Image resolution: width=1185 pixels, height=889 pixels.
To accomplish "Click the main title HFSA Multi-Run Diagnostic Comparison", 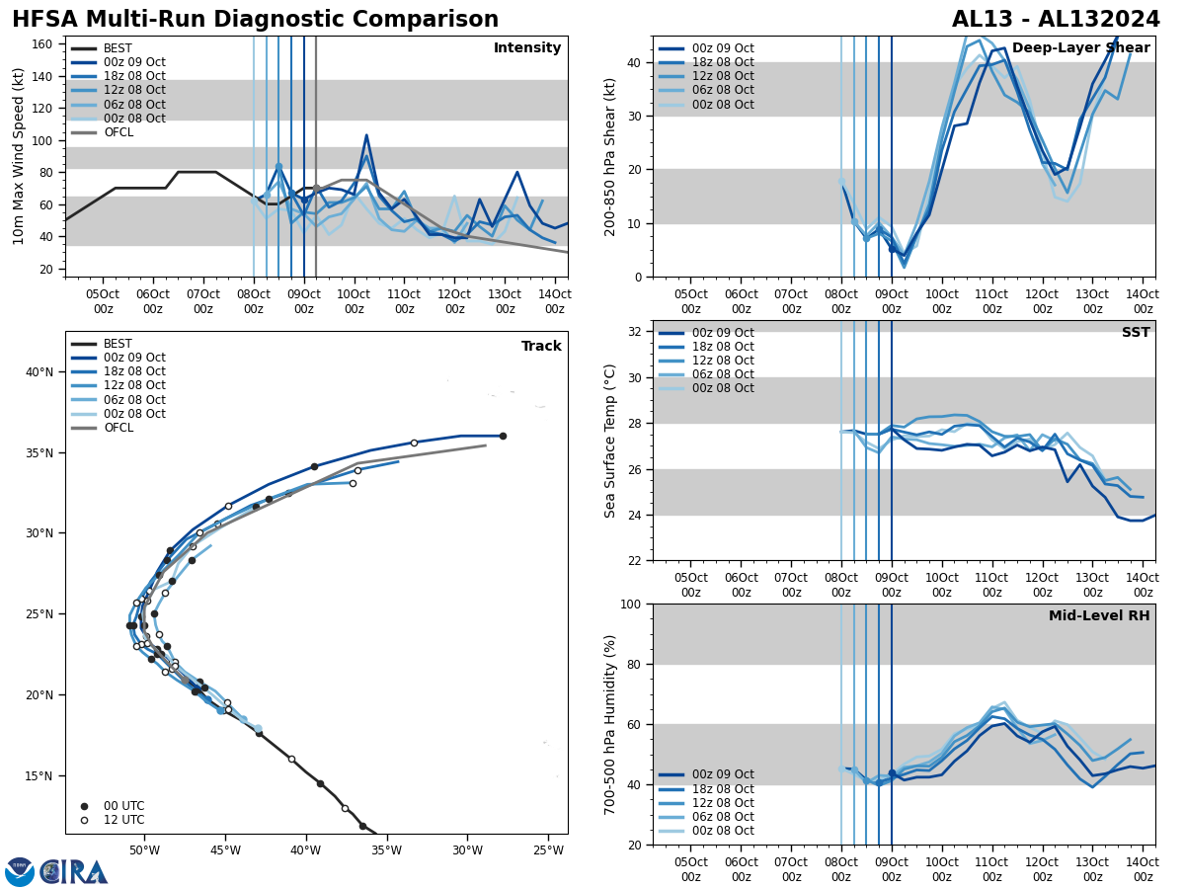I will coord(255,20).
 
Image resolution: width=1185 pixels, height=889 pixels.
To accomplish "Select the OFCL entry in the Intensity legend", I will coord(118,132).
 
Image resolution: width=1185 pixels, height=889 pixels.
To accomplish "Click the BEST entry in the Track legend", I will coord(118,344).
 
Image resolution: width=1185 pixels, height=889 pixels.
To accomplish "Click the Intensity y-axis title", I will coord(19,156).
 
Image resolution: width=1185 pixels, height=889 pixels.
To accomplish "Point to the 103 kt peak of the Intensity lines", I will coord(366,135).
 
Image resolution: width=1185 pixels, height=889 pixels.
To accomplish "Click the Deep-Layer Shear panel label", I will coord(1080,48).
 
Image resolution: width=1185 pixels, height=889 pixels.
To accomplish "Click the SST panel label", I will coord(1135,333).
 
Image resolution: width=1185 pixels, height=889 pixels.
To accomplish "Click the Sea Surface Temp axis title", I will coord(610,441).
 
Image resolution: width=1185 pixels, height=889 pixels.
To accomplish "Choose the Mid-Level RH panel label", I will coord(1098,616).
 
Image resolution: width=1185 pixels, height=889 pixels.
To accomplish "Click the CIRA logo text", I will coord(74,872).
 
